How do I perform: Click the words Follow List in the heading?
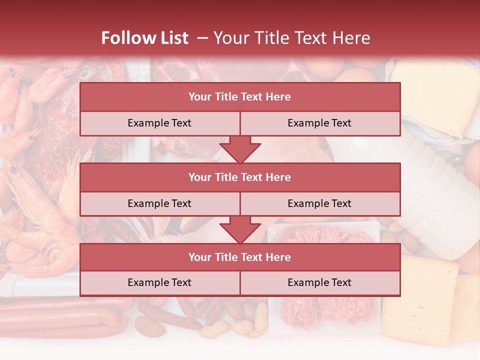145,38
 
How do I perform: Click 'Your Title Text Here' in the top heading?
291,38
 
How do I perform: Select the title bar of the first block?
240,97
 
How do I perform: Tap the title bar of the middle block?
240,177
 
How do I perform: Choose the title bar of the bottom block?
240,257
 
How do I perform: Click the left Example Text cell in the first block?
159,123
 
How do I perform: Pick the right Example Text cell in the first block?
319,123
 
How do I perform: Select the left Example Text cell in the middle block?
159,203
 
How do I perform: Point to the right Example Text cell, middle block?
319,203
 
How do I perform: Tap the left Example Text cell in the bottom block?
159,282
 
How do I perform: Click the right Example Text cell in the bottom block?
319,282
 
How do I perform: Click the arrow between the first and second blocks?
240,150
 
